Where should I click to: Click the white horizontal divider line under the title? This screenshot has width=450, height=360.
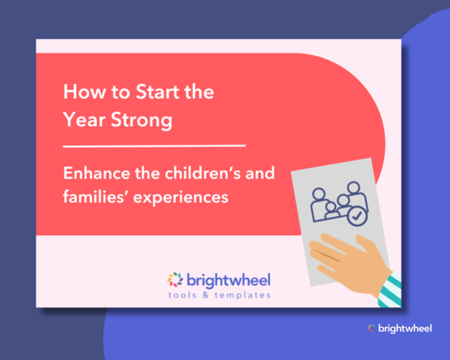coord(154,145)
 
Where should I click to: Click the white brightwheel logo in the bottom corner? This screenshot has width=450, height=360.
coord(401,328)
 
